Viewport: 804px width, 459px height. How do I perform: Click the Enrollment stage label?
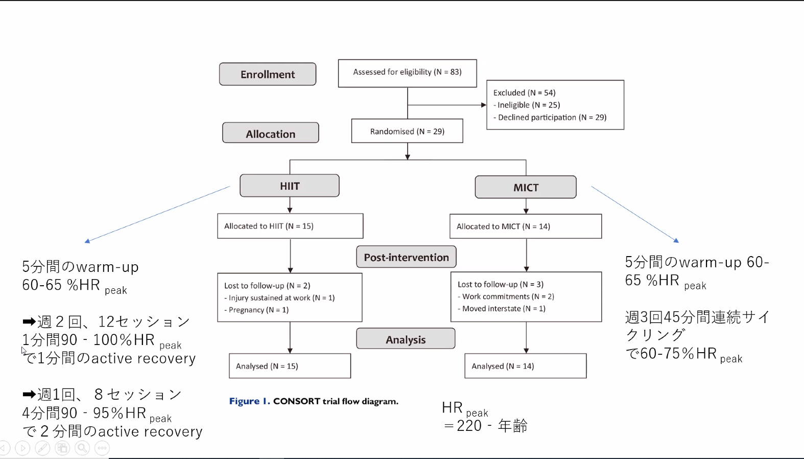pyautogui.click(x=268, y=74)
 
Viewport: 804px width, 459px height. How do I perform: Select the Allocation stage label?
pyautogui.click(x=271, y=133)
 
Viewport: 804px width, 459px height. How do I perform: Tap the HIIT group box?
pyautogui.click(x=290, y=186)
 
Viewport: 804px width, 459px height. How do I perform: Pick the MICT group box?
pyautogui.click(x=526, y=187)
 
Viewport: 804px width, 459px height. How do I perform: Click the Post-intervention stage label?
pyautogui.click(x=406, y=257)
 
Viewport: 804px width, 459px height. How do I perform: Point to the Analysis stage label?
pyautogui.click(x=406, y=339)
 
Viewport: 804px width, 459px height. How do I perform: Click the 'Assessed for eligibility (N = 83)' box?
pyautogui.click(x=408, y=73)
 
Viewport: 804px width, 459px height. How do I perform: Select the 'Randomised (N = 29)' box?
pyautogui.click(x=407, y=131)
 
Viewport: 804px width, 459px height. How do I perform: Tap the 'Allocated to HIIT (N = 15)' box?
pyautogui.click(x=290, y=226)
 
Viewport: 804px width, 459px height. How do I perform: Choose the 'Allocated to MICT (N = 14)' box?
pyautogui.click(x=526, y=226)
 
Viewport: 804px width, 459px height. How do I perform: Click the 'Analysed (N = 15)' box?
pyautogui.click(x=290, y=366)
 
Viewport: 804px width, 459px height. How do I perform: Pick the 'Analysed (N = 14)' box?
pyautogui.click(x=526, y=366)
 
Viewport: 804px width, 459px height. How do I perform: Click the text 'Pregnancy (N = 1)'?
pyautogui.click(x=258, y=310)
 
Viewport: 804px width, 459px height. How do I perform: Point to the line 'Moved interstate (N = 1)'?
pyautogui.click(x=504, y=309)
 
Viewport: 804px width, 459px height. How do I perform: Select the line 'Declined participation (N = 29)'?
pyautogui.click(x=552, y=118)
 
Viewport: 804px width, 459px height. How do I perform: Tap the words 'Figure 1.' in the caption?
pyautogui.click(x=249, y=401)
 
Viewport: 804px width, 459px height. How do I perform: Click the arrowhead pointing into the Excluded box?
pyautogui.click(x=484, y=105)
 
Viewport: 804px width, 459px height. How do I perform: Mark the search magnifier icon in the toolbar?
pyautogui.click(x=82, y=448)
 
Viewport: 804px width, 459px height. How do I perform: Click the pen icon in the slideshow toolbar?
pyautogui.click(x=42, y=448)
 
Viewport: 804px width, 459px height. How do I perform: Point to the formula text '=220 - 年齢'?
pyautogui.click(x=485, y=426)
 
